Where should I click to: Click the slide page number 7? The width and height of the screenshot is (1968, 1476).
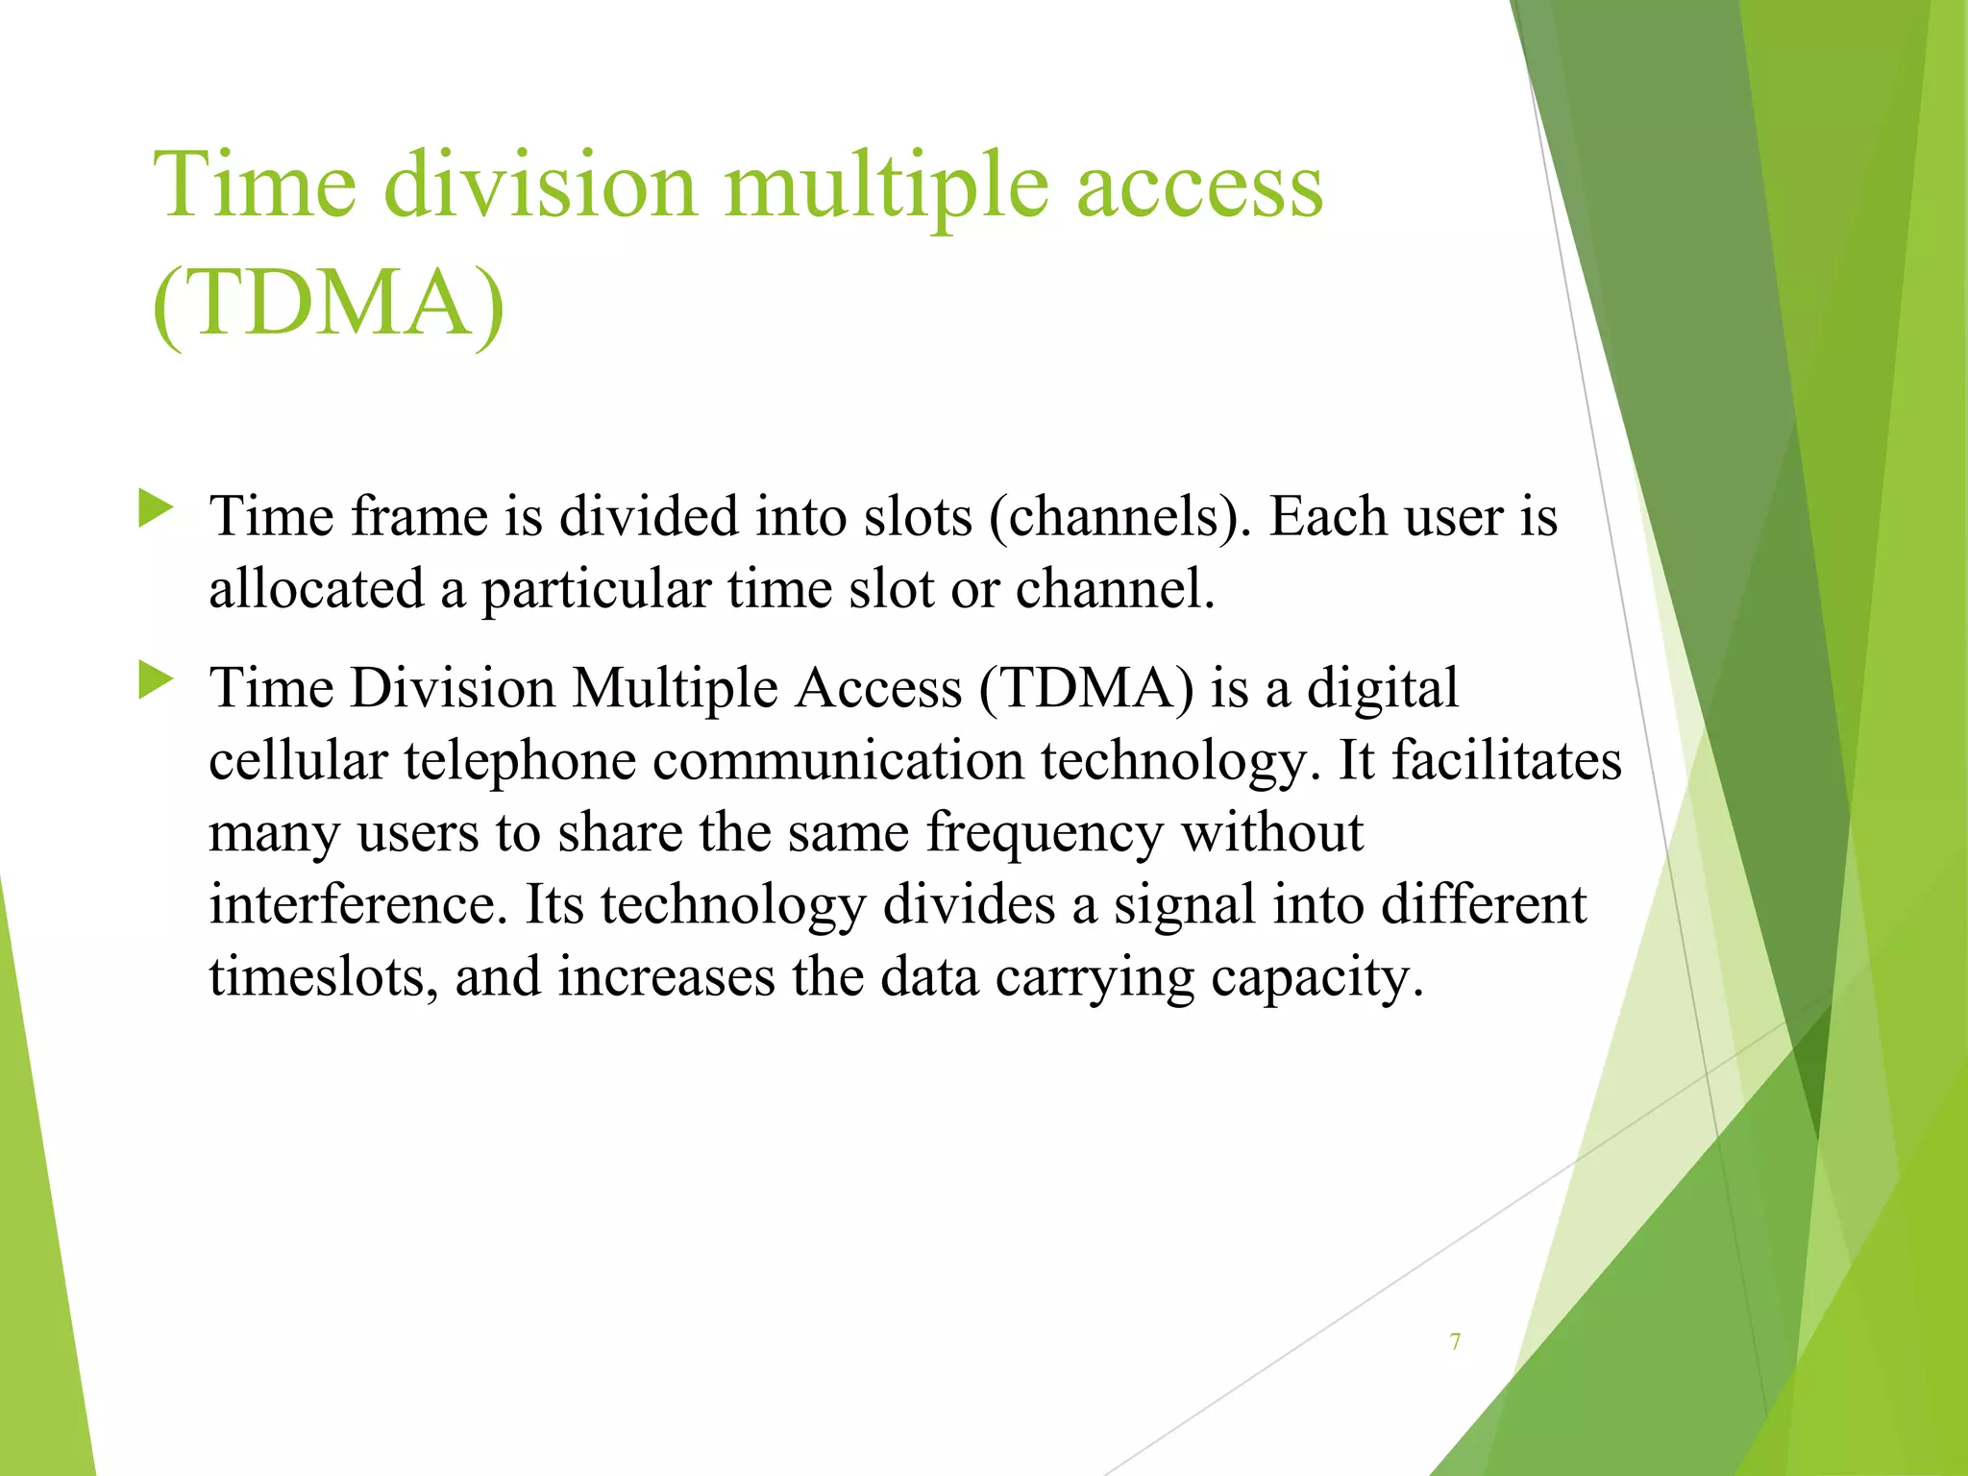click(x=1456, y=1341)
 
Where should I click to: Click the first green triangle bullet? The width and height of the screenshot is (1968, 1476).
click(x=155, y=508)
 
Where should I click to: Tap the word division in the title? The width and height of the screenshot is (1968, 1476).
click(x=539, y=184)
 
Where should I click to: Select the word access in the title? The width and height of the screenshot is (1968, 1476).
click(x=1198, y=184)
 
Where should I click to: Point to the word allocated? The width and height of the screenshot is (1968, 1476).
click(x=316, y=589)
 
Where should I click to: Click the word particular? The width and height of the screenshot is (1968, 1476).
click(x=595, y=589)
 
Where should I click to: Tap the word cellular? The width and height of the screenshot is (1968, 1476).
click(x=298, y=760)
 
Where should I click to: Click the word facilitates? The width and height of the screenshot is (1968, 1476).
click(x=1507, y=760)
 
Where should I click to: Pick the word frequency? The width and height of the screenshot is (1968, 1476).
click(x=1044, y=832)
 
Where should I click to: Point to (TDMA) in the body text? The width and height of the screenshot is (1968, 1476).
click(x=1087, y=689)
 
